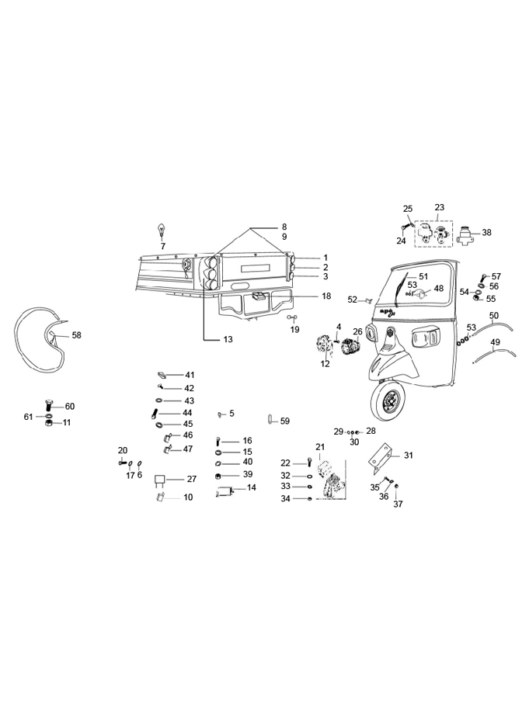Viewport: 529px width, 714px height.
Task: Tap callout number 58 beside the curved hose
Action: tap(76, 335)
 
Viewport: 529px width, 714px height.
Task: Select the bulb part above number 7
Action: tap(162, 230)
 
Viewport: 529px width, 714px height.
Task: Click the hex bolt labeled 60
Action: tap(50, 405)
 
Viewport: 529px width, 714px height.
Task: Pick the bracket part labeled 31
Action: tap(383, 459)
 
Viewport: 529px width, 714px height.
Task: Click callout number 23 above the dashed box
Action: tap(439, 207)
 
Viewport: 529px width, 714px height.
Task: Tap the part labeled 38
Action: tap(467, 234)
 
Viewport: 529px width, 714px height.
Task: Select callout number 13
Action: tap(228, 340)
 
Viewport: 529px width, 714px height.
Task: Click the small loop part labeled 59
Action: tap(270, 421)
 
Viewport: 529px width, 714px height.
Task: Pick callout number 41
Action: tap(190, 375)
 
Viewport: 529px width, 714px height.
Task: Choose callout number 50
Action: tap(494, 315)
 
